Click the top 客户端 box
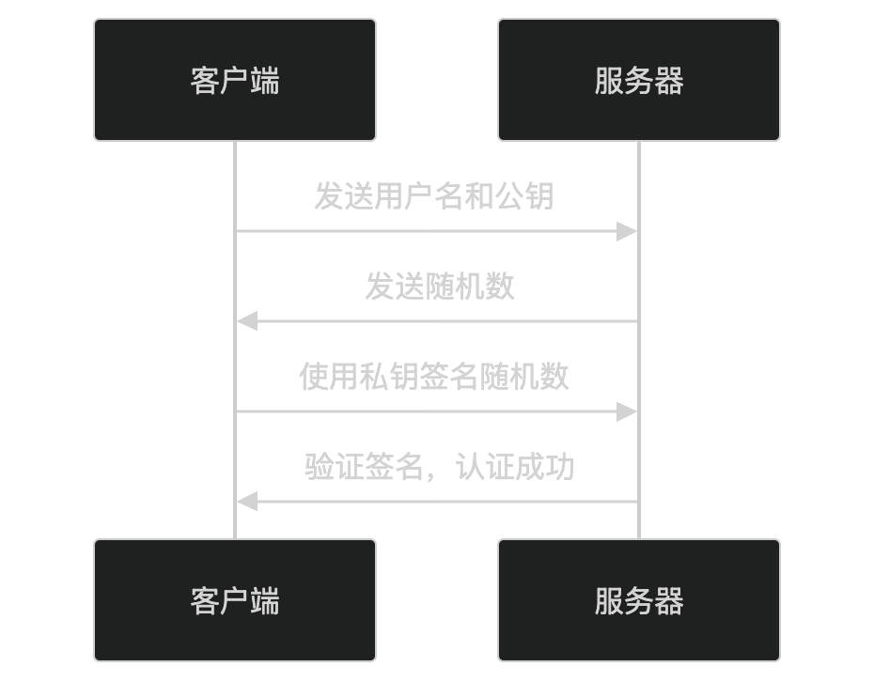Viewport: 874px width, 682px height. (235, 80)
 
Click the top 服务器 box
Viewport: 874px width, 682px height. (639, 80)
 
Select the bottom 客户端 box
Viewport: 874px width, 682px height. (235, 600)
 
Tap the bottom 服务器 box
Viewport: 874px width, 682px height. (639, 600)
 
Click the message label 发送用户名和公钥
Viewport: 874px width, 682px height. (434, 196)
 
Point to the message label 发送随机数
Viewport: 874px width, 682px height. (440, 287)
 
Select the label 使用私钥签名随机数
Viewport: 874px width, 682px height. (434, 377)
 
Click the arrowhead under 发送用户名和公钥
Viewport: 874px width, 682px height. (628, 231)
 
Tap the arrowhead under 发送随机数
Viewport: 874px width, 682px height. (246, 321)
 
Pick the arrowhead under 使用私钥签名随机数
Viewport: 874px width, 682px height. (628, 411)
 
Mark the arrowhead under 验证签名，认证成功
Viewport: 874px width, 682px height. (246, 502)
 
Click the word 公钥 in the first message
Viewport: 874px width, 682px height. (524, 196)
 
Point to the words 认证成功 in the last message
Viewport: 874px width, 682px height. (515, 467)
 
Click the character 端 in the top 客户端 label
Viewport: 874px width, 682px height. (265, 80)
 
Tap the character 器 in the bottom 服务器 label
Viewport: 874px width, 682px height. (669, 600)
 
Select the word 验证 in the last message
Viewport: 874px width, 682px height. (335, 467)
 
